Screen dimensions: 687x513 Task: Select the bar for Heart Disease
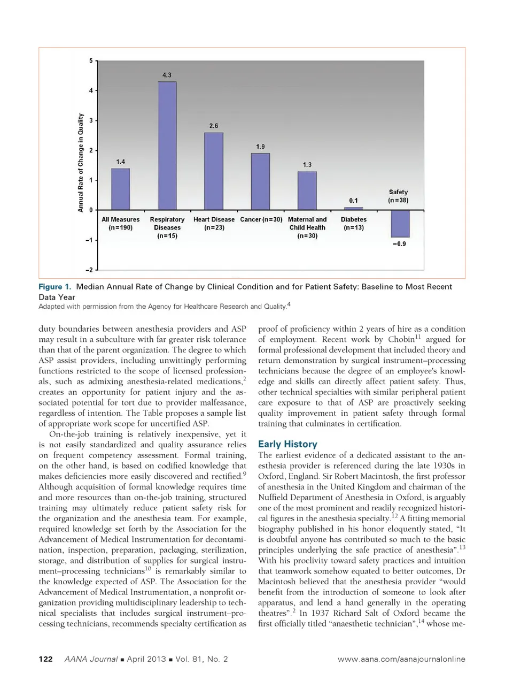pyautogui.click(x=214, y=171)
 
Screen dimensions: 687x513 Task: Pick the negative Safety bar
pyautogui.click(x=400, y=224)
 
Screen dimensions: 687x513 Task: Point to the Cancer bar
pyautogui.click(x=260, y=181)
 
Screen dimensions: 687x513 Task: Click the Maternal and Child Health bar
pyautogui.click(x=307, y=190)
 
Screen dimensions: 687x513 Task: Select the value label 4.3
pyautogui.click(x=167, y=75)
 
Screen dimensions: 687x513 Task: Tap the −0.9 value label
pyautogui.click(x=399, y=244)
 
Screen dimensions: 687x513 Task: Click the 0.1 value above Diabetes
pyautogui.click(x=353, y=201)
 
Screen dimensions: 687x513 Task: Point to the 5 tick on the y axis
pyautogui.click(x=91, y=61)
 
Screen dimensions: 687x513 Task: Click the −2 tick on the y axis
pyautogui.click(x=89, y=270)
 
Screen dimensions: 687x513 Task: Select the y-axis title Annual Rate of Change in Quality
pyautogui.click(x=81, y=163)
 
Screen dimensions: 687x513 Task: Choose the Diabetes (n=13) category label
pyautogui.click(x=353, y=224)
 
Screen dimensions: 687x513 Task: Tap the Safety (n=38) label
pyautogui.click(x=398, y=196)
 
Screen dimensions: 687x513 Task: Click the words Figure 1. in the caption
pyautogui.click(x=55, y=287)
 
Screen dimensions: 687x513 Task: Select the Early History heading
pyautogui.click(x=287, y=444)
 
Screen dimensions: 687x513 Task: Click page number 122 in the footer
pyautogui.click(x=45, y=659)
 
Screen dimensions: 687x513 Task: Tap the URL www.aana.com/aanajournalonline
pyautogui.click(x=401, y=659)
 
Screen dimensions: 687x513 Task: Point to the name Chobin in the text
pyautogui.click(x=401, y=339)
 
